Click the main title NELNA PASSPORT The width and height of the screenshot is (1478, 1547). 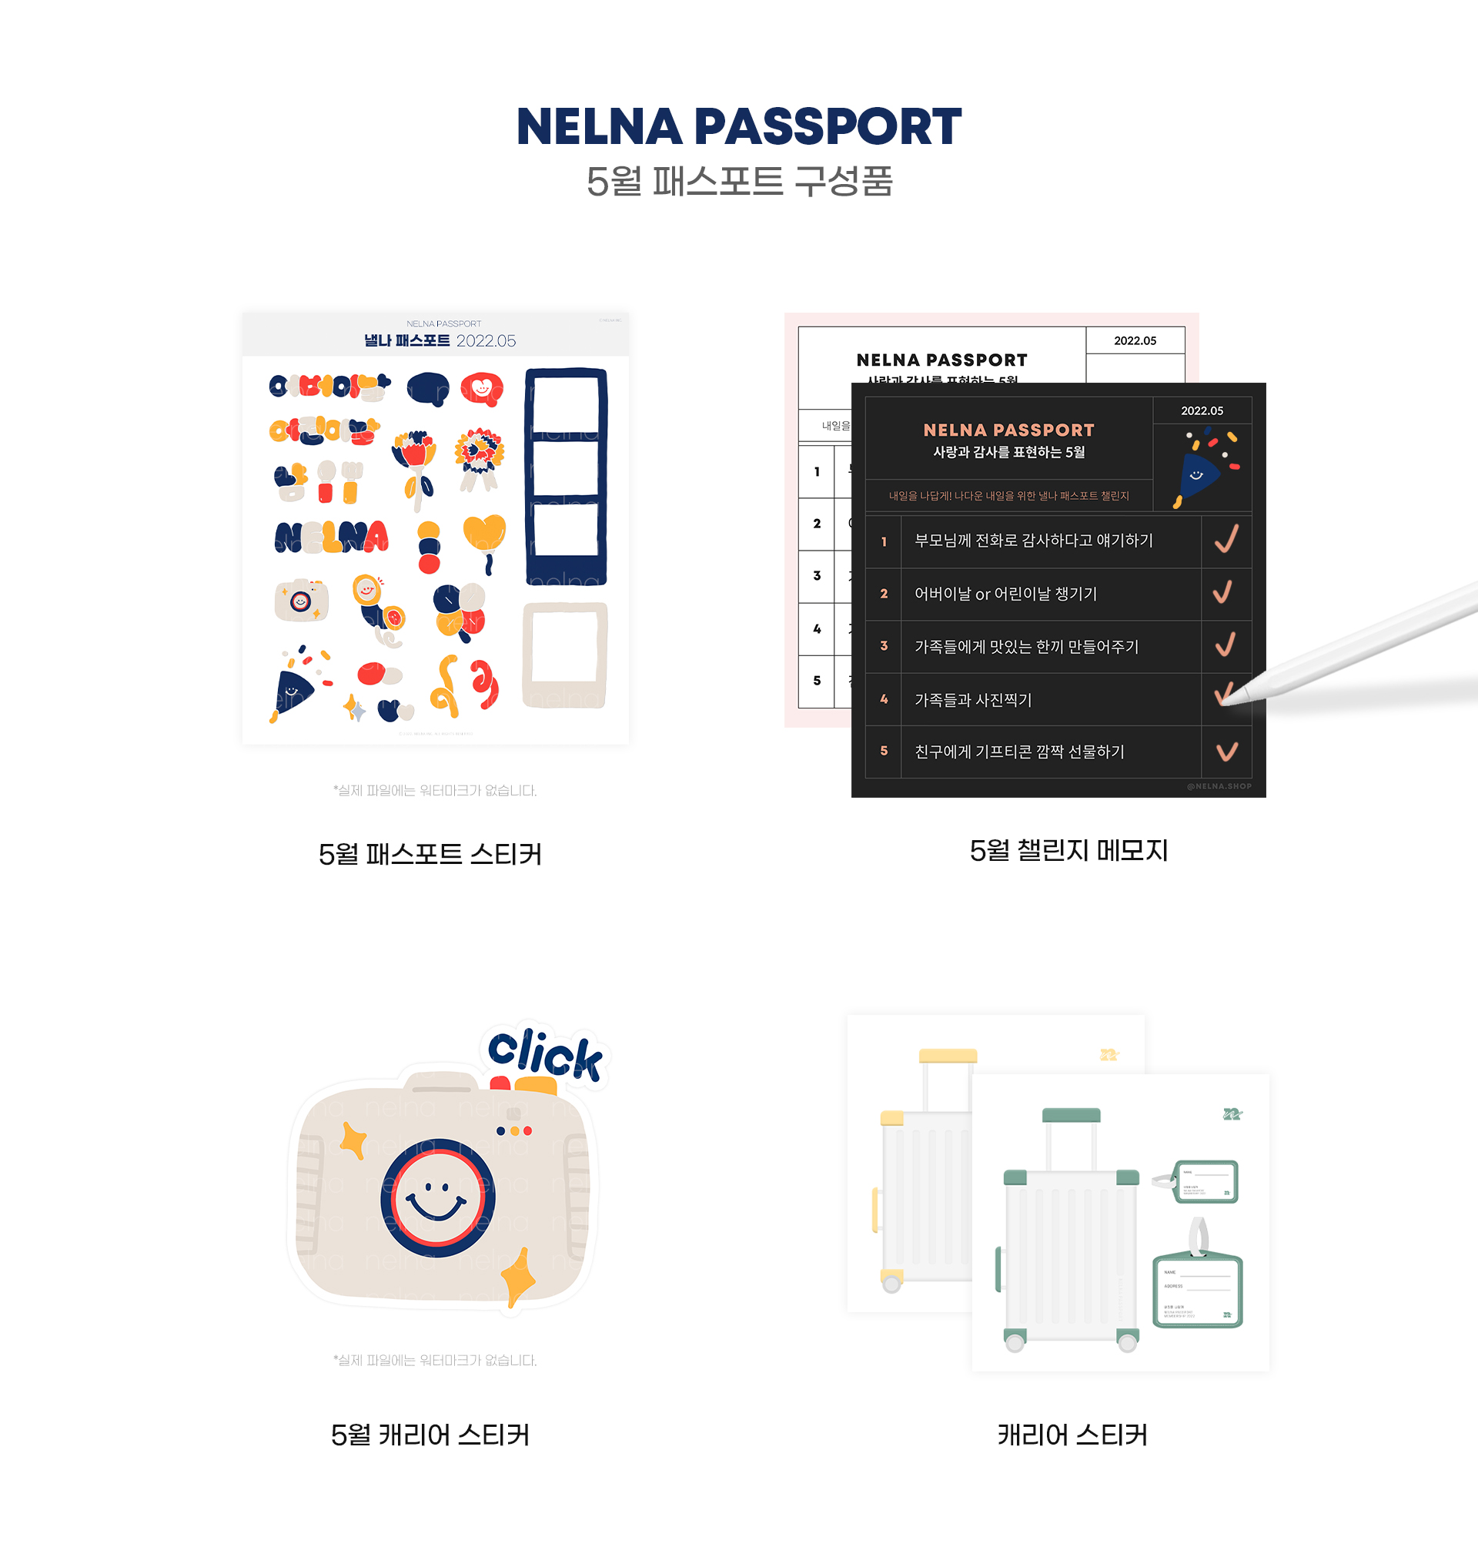738,127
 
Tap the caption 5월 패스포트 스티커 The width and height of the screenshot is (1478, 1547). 430,854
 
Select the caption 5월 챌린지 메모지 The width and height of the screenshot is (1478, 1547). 1068,850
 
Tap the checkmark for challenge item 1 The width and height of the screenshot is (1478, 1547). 1226,540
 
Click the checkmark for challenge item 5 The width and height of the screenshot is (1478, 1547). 1226,751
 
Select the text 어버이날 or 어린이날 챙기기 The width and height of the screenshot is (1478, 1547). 1005,594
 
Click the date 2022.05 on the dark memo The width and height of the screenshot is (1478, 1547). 1202,410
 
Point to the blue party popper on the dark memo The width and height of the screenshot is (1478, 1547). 1198,473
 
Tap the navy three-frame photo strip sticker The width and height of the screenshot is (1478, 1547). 566,476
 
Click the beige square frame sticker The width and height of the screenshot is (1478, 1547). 565,654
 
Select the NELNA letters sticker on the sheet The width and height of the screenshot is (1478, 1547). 332,537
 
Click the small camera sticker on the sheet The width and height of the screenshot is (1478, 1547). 301,601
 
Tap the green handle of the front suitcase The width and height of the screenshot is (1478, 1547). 1071,1114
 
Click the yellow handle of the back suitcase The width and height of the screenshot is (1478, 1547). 948,1055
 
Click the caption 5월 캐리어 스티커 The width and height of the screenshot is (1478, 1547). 430,1435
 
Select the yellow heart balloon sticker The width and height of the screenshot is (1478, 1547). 484,534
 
